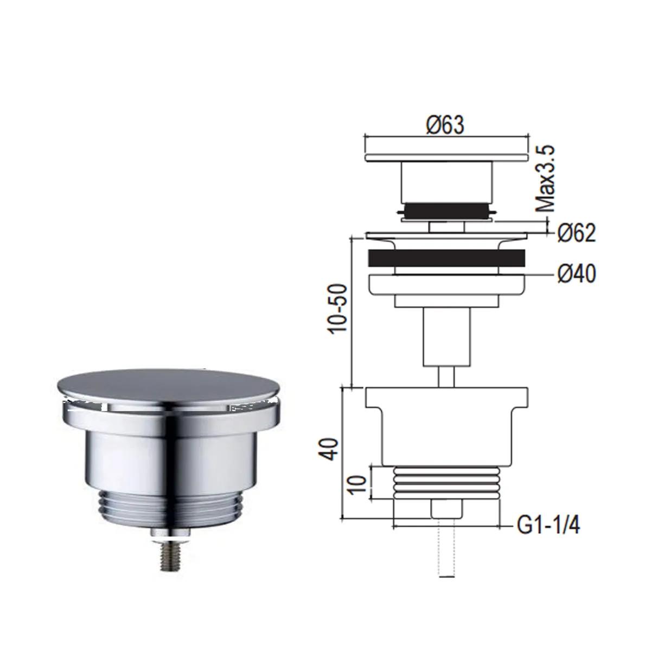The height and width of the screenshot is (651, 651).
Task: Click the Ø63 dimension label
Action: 445,125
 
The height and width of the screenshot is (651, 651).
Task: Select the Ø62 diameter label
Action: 577,233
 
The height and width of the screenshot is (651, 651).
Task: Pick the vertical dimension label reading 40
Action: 329,449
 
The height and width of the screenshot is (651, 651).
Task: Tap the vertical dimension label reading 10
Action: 358,486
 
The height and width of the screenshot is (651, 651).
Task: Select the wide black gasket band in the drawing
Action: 446,258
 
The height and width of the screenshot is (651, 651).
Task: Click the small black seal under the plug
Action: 447,210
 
